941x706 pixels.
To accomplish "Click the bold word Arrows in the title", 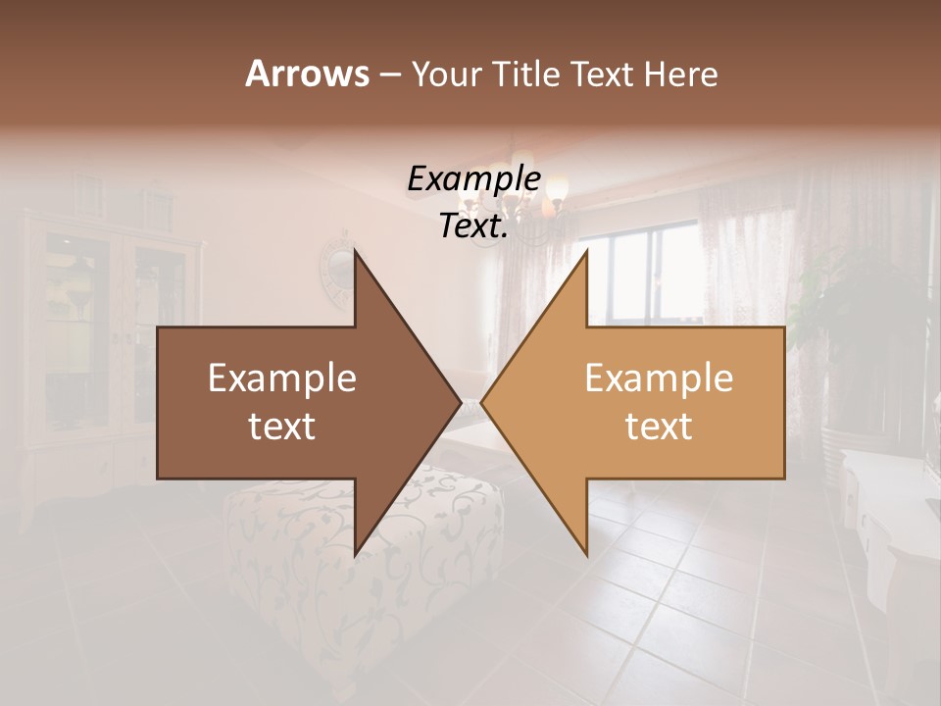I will (307, 74).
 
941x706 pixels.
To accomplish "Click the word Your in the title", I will (447, 74).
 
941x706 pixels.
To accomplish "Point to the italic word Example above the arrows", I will (473, 179).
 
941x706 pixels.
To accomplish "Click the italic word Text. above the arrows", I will (473, 226).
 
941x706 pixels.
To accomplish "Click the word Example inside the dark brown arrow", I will (282, 378).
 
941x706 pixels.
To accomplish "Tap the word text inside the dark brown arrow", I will (282, 427).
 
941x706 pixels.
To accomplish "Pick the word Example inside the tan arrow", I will (659, 378).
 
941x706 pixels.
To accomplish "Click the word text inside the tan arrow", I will (659, 427).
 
